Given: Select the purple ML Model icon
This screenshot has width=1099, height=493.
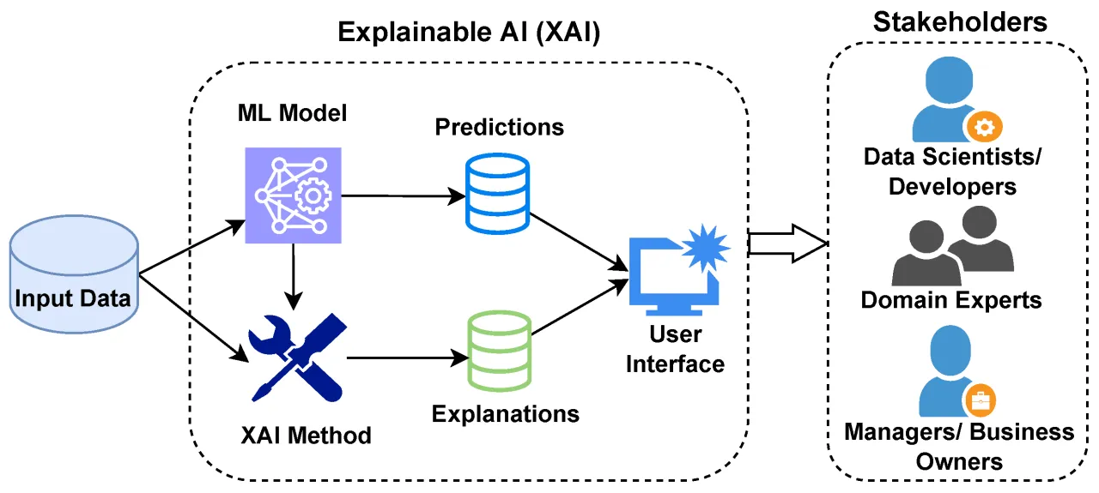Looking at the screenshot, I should (x=292, y=195).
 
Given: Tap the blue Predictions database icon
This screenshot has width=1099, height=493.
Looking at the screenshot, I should (x=497, y=195).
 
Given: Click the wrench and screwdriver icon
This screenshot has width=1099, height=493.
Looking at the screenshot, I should (x=295, y=358).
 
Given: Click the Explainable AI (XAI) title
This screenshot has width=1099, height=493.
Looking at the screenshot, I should (x=468, y=33).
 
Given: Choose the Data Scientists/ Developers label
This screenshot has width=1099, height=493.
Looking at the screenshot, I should (x=951, y=171).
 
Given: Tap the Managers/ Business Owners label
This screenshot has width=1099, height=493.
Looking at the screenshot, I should (x=958, y=446).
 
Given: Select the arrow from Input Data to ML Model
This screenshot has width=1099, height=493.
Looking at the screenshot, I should (x=191, y=249).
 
